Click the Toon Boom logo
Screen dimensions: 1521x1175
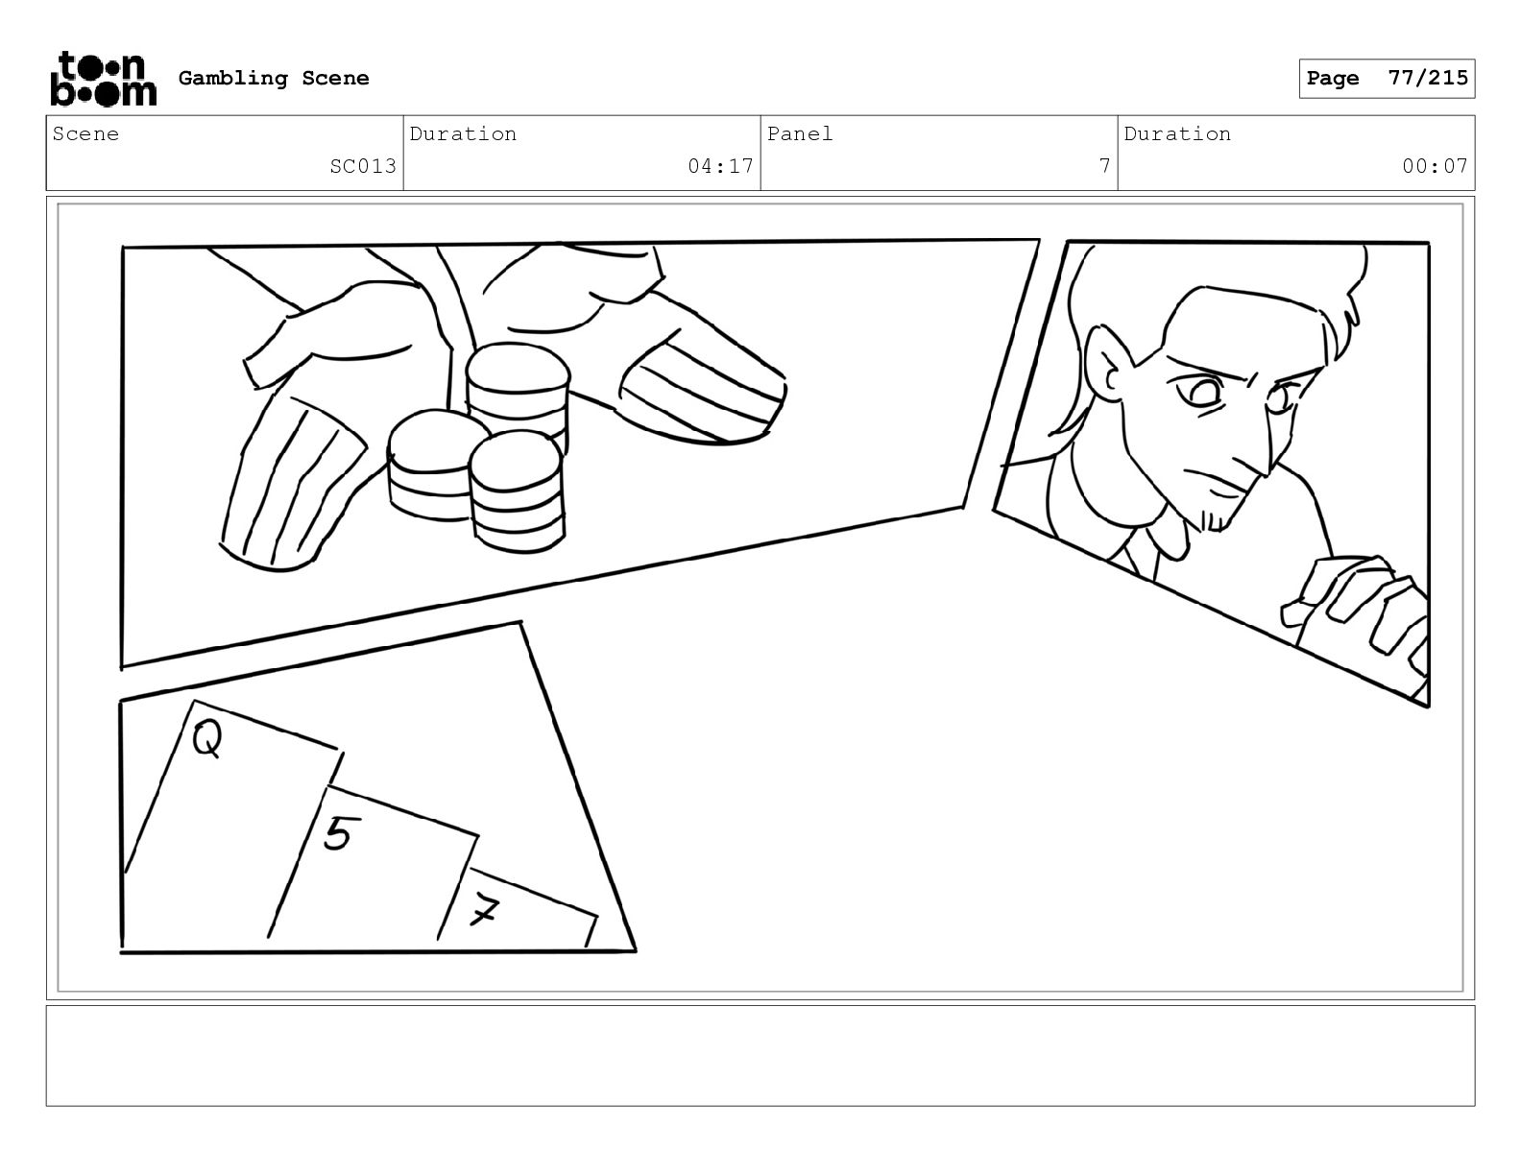[104, 79]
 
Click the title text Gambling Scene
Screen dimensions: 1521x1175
[274, 78]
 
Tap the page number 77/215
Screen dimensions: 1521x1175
[1428, 78]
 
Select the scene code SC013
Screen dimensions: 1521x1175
[363, 167]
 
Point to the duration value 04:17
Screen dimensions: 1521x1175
[720, 167]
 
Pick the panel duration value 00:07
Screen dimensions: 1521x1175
[1435, 167]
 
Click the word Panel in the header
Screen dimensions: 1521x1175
[800, 133]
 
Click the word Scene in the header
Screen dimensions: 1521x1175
[85, 133]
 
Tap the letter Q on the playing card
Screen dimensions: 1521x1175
[207, 740]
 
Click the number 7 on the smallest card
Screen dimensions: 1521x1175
[484, 910]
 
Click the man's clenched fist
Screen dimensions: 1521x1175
[1355, 619]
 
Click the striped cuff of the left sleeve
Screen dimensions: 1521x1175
[291, 483]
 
